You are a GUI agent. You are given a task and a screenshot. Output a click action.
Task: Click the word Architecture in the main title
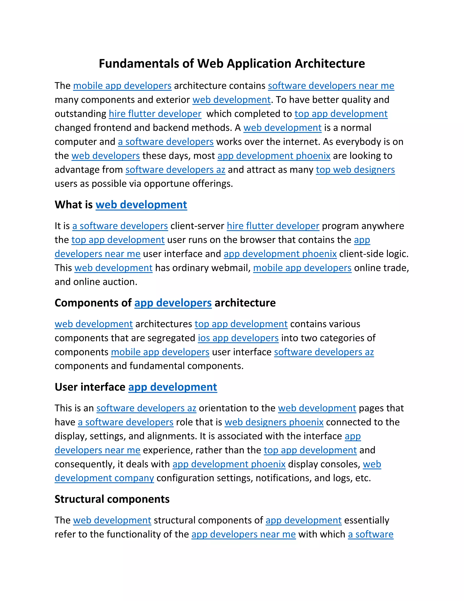pyautogui.click(x=330, y=64)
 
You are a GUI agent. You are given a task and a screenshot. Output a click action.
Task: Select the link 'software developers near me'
pyautogui.click(x=331, y=86)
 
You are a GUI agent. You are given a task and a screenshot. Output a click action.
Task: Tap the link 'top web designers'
pyautogui.click(x=355, y=170)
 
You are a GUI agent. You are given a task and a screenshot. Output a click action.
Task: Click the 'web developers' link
pyautogui.click(x=106, y=156)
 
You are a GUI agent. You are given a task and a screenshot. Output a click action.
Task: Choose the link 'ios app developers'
pyautogui.click(x=238, y=338)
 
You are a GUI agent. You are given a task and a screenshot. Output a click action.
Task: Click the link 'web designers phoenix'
pyautogui.click(x=274, y=422)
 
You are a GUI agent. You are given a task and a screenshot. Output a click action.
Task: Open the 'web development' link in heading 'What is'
pyautogui.click(x=141, y=205)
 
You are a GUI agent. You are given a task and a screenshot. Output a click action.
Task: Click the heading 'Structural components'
pyautogui.click(x=112, y=499)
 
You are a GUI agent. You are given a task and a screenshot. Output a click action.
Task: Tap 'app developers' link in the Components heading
pyautogui.click(x=173, y=303)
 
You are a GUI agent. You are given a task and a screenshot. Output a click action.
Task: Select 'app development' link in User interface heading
pyautogui.click(x=173, y=387)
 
